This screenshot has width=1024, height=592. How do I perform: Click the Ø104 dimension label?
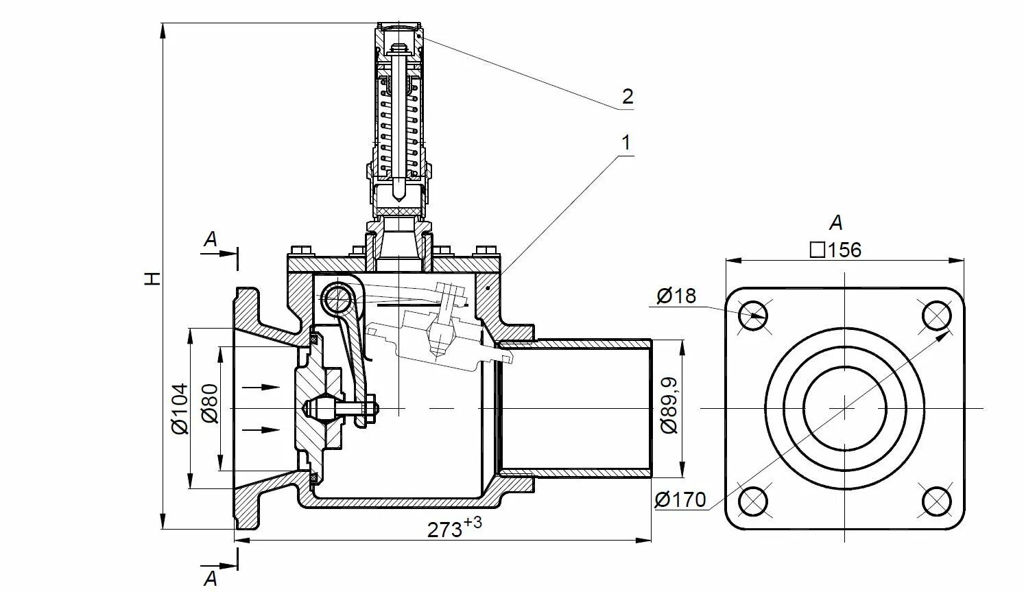pos(180,409)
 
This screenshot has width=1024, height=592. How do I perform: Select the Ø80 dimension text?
pos(210,405)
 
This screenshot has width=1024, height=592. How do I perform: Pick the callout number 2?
pos(628,97)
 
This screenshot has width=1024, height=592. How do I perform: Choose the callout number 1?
pos(625,143)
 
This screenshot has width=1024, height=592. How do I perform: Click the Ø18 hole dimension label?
pos(676,296)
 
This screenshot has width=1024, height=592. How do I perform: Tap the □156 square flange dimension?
pos(835,250)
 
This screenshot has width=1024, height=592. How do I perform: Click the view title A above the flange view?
pos(835,223)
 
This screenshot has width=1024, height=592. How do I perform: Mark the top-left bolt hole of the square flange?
pos(753,316)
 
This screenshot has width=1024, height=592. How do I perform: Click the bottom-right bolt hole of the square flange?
pos(936,501)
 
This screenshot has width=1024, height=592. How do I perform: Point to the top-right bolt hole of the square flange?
pos(936,316)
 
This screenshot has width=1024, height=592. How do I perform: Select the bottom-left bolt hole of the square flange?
pos(753,501)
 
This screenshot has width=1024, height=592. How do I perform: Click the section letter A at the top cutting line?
pos(211,239)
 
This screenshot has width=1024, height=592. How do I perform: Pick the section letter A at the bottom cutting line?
pos(211,578)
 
